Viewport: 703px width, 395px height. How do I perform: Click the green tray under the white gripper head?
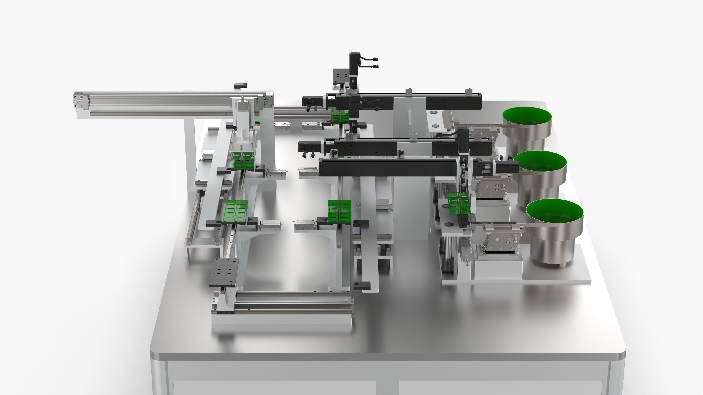[243, 161]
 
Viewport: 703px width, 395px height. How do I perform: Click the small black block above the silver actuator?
[241, 85]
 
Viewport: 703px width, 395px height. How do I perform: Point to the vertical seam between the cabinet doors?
[388, 382]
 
